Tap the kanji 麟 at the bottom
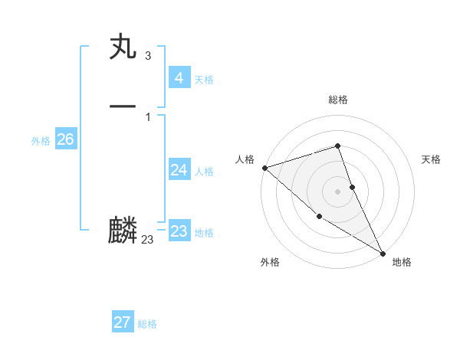(x=123, y=231)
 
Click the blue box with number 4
(x=179, y=78)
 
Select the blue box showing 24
(x=179, y=170)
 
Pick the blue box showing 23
(x=179, y=231)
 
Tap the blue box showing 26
(x=65, y=139)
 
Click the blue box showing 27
(x=122, y=322)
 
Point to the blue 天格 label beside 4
(x=204, y=80)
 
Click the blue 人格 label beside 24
(x=204, y=172)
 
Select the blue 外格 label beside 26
(x=41, y=141)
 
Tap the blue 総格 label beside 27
(x=147, y=324)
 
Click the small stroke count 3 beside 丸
(x=147, y=56)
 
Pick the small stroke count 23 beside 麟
(x=147, y=240)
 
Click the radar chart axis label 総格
(x=337, y=100)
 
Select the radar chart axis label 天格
(x=431, y=159)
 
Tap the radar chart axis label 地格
(x=402, y=262)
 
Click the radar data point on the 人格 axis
(x=264, y=168)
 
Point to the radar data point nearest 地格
(x=383, y=253)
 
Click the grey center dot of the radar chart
(x=337, y=191)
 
